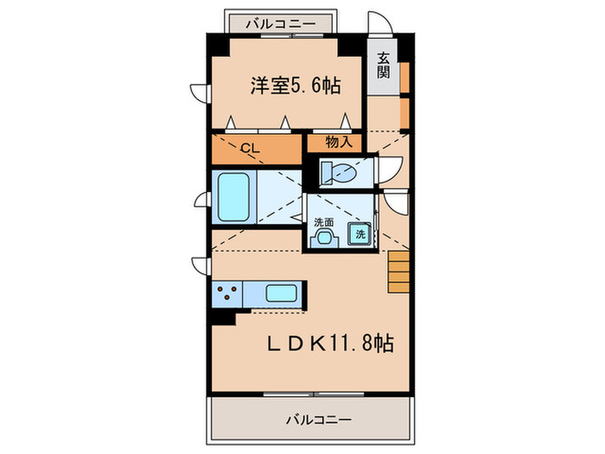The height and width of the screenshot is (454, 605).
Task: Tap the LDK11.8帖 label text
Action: pyautogui.click(x=329, y=343)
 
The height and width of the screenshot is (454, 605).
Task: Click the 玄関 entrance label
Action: pyautogui.click(x=382, y=67)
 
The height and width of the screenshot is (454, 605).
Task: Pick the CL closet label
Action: pyautogui.click(x=249, y=148)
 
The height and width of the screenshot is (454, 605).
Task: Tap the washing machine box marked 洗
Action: pyautogui.click(x=360, y=233)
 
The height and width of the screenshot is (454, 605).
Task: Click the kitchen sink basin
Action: pyautogui.click(x=282, y=293)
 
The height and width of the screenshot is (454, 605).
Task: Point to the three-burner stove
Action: pyautogui.click(x=228, y=293)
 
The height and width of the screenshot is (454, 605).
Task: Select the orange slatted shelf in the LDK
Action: pyautogui.click(x=398, y=269)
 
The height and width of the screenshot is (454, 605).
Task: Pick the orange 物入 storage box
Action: pyautogui.click(x=338, y=143)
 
